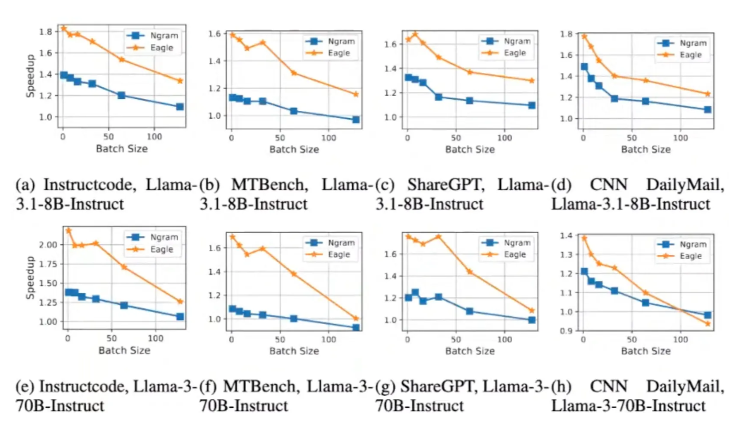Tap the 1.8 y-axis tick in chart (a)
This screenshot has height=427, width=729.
(x=46, y=32)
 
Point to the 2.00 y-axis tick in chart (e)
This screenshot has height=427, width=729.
(x=48, y=245)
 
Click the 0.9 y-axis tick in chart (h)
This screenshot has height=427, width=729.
(x=566, y=331)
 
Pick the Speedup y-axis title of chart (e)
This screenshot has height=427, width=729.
(x=30, y=277)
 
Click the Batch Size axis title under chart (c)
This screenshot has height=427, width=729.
(x=470, y=150)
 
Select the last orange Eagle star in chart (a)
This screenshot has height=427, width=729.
(x=180, y=81)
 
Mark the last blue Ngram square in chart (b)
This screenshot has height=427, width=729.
(x=356, y=119)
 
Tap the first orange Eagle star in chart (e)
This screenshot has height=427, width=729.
(x=69, y=231)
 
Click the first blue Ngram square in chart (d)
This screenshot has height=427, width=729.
(x=584, y=67)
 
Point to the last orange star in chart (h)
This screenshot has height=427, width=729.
(x=708, y=324)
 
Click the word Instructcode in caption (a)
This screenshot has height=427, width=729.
(x=87, y=185)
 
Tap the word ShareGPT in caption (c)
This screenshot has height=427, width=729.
(x=444, y=185)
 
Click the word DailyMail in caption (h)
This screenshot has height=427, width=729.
(x=685, y=386)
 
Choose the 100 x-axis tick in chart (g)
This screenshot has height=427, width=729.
(x=505, y=339)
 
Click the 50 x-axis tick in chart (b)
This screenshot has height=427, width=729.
(x=280, y=138)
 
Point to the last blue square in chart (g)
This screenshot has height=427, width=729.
(x=532, y=319)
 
